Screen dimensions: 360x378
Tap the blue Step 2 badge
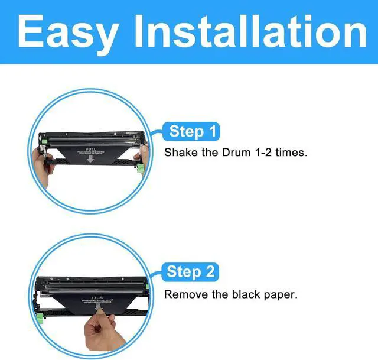191,271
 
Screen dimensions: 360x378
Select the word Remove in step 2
183,294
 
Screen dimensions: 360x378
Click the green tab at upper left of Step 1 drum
43,141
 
